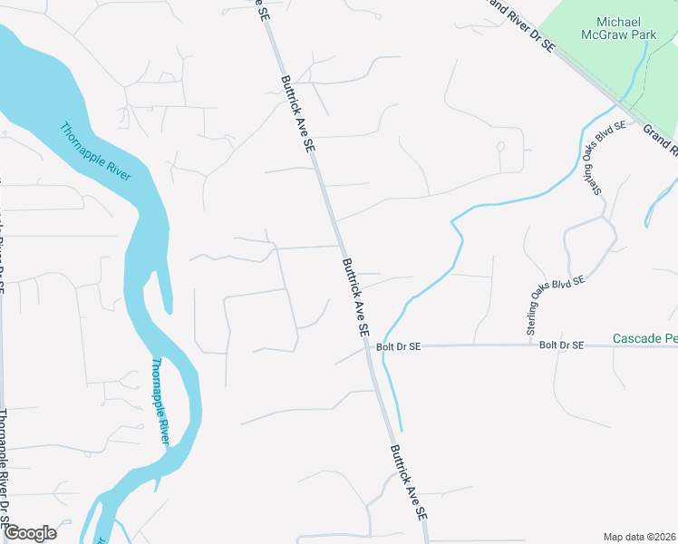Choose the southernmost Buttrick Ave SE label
point(409,481)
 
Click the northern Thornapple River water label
point(95,151)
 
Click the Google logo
point(30,533)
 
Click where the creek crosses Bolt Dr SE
point(383,345)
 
